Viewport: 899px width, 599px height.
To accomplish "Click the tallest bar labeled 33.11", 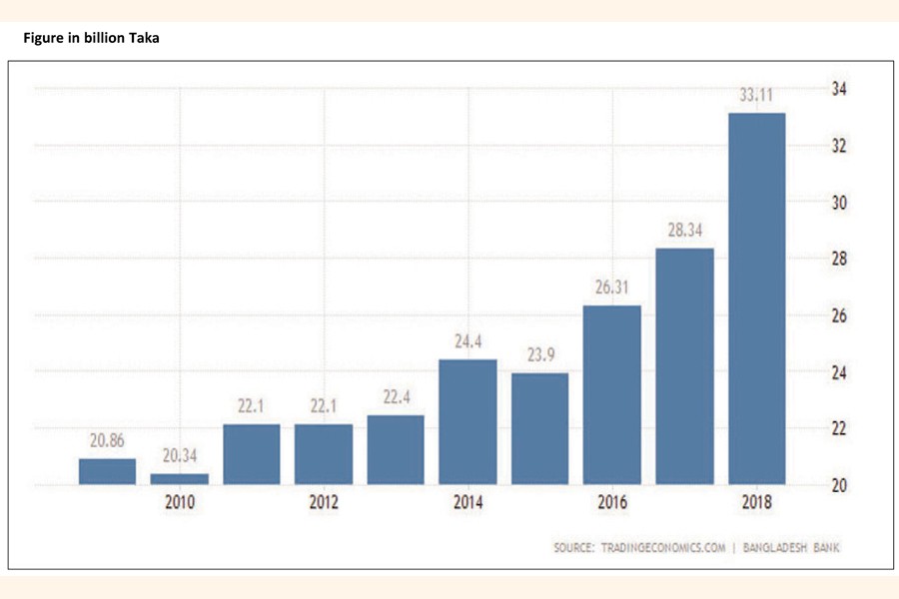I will [x=756, y=299].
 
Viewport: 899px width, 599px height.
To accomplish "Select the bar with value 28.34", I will [x=684, y=366].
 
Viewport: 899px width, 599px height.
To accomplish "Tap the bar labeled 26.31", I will [x=612, y=395].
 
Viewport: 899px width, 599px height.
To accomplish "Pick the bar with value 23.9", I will [x=540, y=429].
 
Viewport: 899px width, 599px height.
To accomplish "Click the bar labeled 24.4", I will [x=467, y=422].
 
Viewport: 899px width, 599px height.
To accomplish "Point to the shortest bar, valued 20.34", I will [x=180, y=479].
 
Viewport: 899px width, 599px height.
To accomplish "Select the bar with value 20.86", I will [x=107, y=472].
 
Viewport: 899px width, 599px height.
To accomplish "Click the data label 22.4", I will [x=397, y=397].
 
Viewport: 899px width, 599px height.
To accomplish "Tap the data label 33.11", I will [x=756, y=96].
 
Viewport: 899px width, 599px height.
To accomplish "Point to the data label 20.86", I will [x=107, y=441].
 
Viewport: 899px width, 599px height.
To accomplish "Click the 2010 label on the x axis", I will [x=180, y=503].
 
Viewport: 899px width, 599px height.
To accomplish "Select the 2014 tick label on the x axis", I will [x=467, y=503].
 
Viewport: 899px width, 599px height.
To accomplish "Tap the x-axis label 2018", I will [x=756, y=503].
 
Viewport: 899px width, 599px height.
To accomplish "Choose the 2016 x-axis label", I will [x=612, y=503].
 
